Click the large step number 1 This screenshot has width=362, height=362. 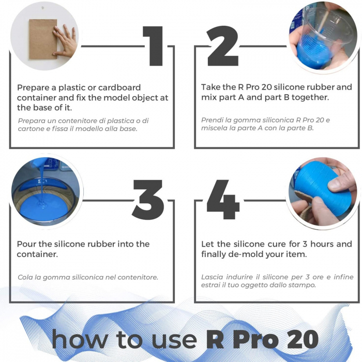coord(154,46)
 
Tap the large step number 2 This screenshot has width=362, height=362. coord(222,46)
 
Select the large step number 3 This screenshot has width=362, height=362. coord(148,200)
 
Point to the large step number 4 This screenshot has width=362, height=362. coord(223,200)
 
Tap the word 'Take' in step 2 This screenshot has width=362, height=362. coord(212,87)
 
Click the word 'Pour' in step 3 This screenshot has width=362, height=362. coord(27,244)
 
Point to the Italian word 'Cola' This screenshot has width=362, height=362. coord(26,277)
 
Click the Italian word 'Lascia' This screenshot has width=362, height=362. coord(213,277)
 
